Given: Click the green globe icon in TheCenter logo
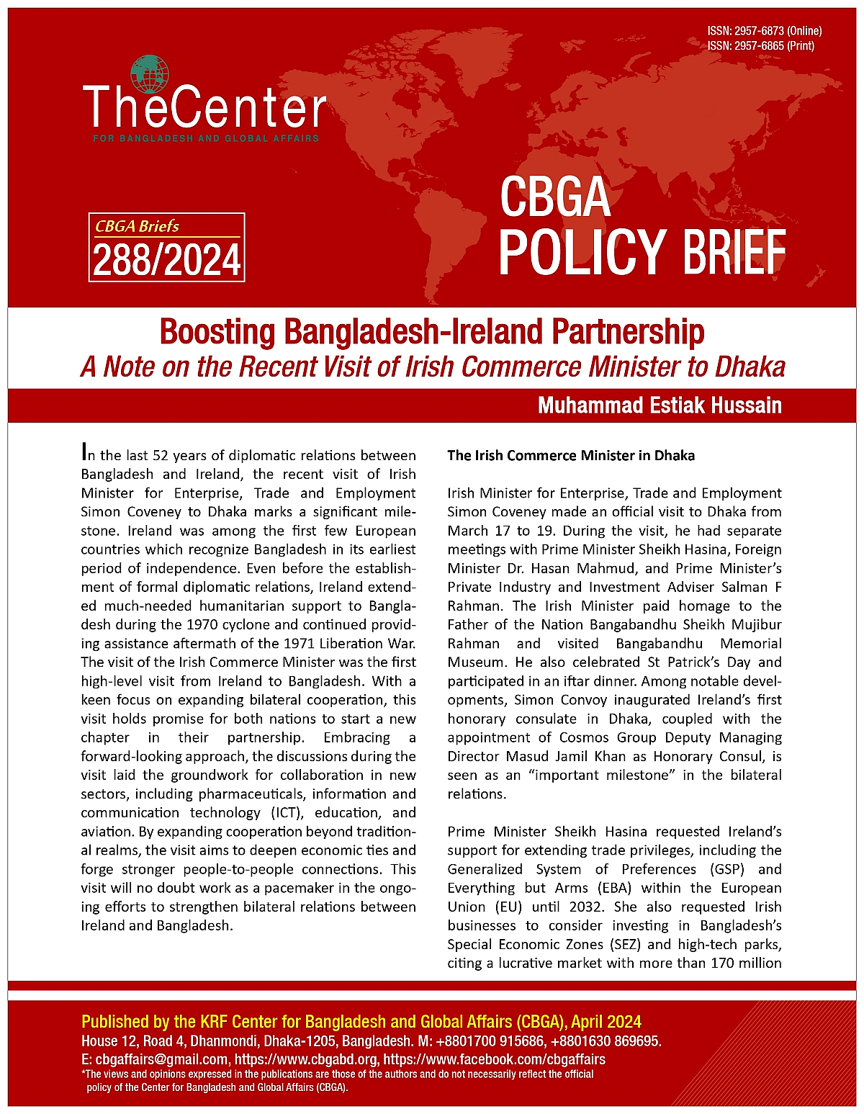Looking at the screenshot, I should [150, 75].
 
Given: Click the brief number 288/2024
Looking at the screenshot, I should [167, 260].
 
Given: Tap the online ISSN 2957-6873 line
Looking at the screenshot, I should [764, 31].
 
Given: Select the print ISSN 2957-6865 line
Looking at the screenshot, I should [760, 45].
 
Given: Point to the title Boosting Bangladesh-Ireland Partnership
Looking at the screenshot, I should [432, 332].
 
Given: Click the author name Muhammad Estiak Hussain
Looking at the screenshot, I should [660, 405].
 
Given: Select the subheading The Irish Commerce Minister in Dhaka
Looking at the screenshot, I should [571, 455].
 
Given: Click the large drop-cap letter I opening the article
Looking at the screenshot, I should [85, 453].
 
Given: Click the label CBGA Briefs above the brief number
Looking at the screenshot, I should [138, 226].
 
